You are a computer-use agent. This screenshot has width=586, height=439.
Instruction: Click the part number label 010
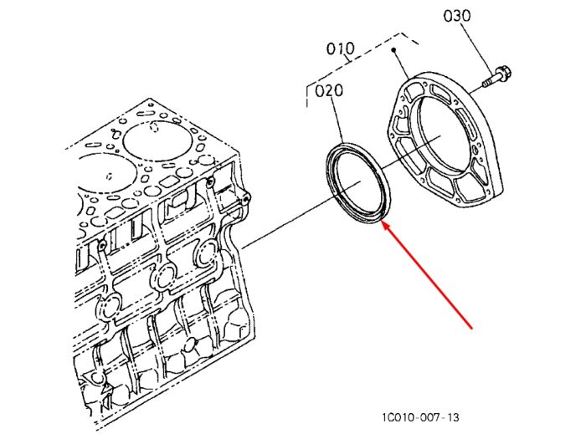(340, 48)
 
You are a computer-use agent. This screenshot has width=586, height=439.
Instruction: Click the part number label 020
(329, 90)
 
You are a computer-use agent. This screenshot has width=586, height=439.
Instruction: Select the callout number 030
(457, 16)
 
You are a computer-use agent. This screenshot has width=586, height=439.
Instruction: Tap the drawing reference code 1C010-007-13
(420, 417)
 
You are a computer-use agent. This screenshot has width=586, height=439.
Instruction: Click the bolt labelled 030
(496, 76)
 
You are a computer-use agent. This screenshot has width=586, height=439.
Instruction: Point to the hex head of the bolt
(503, 73)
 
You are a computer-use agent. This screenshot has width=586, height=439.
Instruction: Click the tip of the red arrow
(381, 222)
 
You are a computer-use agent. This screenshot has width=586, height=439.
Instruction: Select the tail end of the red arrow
(472, 329)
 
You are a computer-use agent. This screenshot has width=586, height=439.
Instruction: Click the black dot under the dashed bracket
(393, 49)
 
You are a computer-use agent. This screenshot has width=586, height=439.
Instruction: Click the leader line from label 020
(337, 120)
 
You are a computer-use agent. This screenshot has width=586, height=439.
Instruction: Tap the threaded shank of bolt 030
(488, 82)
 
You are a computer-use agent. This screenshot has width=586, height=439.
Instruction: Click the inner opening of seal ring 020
(357, 182)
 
